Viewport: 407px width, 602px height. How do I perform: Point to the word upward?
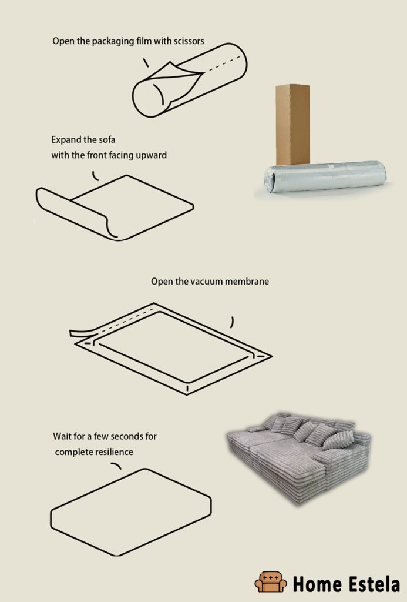point(151,155)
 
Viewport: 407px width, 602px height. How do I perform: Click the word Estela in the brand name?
point(371,584)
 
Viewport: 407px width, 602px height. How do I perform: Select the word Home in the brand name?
point(317,584)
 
